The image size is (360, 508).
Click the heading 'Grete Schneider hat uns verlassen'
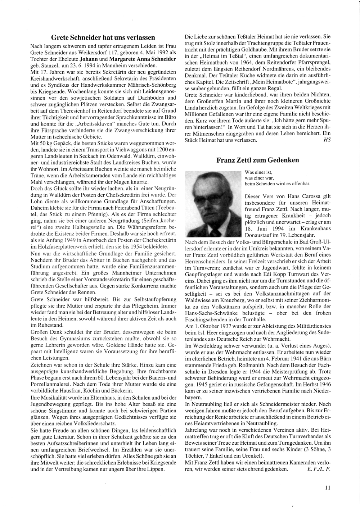(x=103, y=37)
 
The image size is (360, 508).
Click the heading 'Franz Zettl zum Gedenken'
(x=257, y=160)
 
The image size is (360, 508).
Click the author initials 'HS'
(x=327, y=140)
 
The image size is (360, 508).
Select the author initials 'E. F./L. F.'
(x=318, y=469)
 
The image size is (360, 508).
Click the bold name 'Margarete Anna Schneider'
(x=143, y=59)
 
